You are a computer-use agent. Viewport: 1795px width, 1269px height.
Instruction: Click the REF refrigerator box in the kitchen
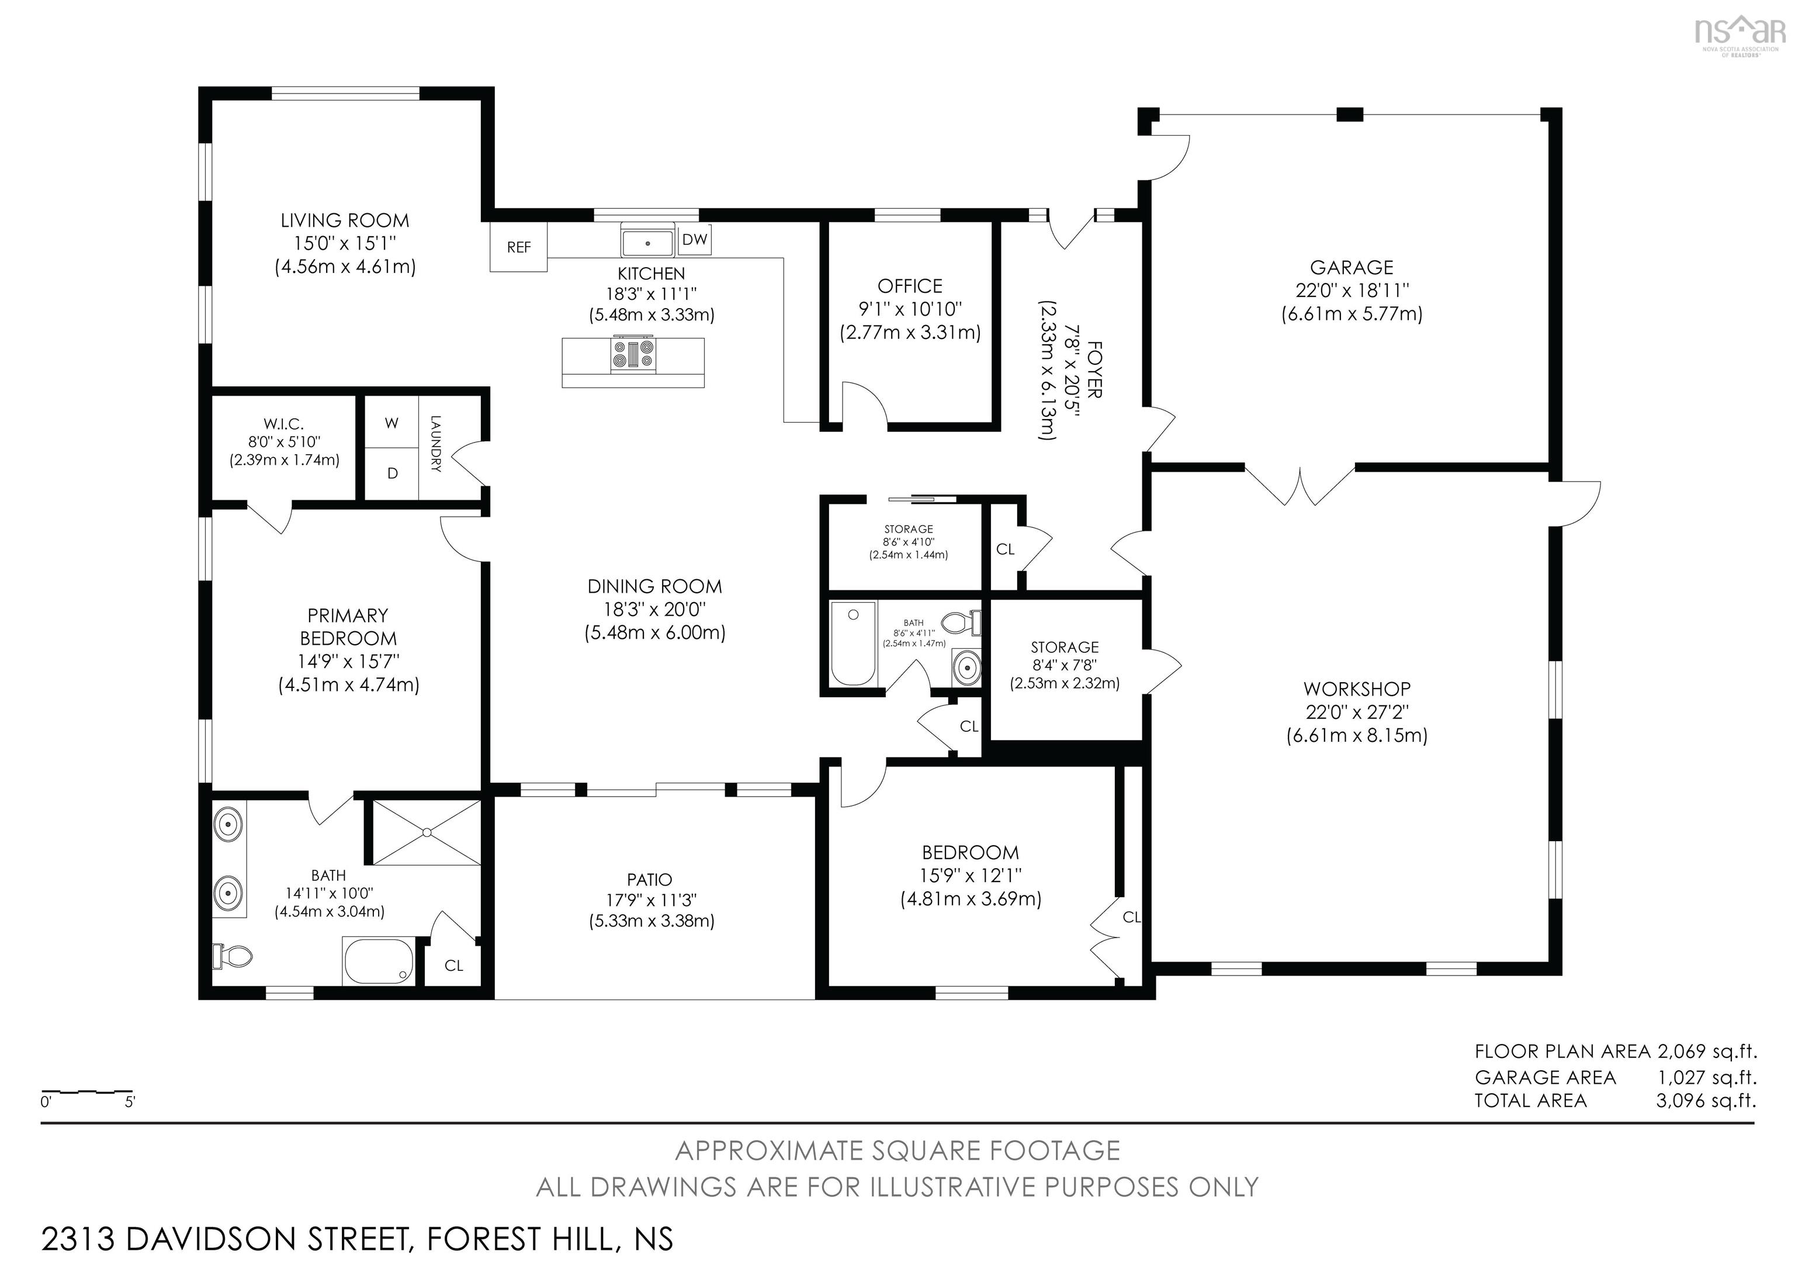click(x=518, y=247)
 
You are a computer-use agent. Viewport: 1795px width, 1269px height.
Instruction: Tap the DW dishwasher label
click(x=694, y=240)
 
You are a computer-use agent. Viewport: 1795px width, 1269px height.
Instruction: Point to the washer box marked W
click(x=391, y=423)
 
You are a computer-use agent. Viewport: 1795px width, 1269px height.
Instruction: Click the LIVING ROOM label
click(x=345, y=220)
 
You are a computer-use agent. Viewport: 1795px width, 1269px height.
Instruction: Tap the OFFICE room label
click(x=909, y=286)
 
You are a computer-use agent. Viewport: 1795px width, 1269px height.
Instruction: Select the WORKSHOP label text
click(x=1356, y=689)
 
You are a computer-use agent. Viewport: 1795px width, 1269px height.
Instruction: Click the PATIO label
click(x=649, y=880)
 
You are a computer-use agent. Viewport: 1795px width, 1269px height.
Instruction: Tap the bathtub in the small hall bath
click(x=852, y=645)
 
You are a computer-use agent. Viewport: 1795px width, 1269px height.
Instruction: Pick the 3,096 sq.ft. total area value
click(x=1706, y=1101)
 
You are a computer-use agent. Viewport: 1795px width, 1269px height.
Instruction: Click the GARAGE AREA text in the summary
click(x=1545, y=1077)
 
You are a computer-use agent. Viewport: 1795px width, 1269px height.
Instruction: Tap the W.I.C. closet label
click(x=283, y=424)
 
